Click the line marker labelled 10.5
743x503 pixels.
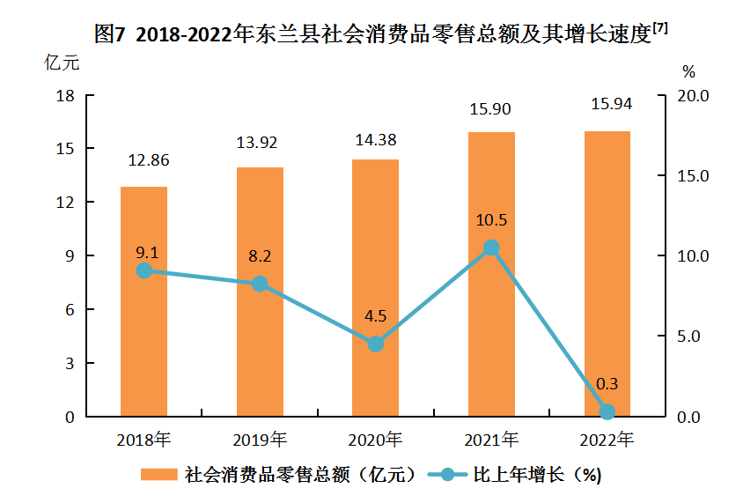(x=491, y=248)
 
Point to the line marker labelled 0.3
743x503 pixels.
(x=607, y=411)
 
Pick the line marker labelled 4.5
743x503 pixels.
(x=375, y=344)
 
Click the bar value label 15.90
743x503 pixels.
(x=490, y=109)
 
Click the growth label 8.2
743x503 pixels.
(x=260, y=257)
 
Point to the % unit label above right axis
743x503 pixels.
(x=689, y=70)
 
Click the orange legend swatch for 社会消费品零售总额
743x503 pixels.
(x=159, y=475)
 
